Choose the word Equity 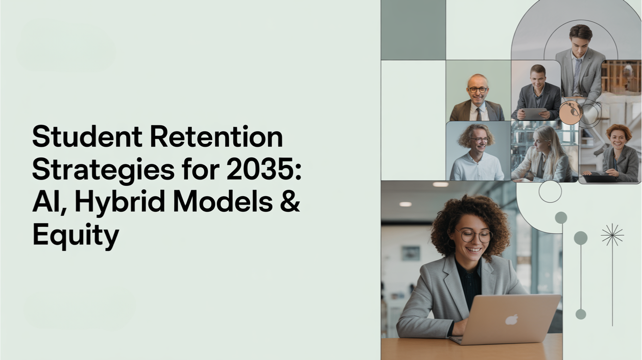pyautogui.click(x=75, y=235)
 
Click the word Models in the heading pyautogui.click(x=226, y=202)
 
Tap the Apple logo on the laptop pyautogui.click(x=512, y=319)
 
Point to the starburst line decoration pyautogui.click(x=612, y=235)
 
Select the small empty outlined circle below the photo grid pyautogui.click(x=550, y=191)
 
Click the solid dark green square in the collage pyautogui.click(x=413, y=30)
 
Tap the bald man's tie pyautogui.click(x=478, y=113)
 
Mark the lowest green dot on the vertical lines pyautogui.click(x=581, y=314)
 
